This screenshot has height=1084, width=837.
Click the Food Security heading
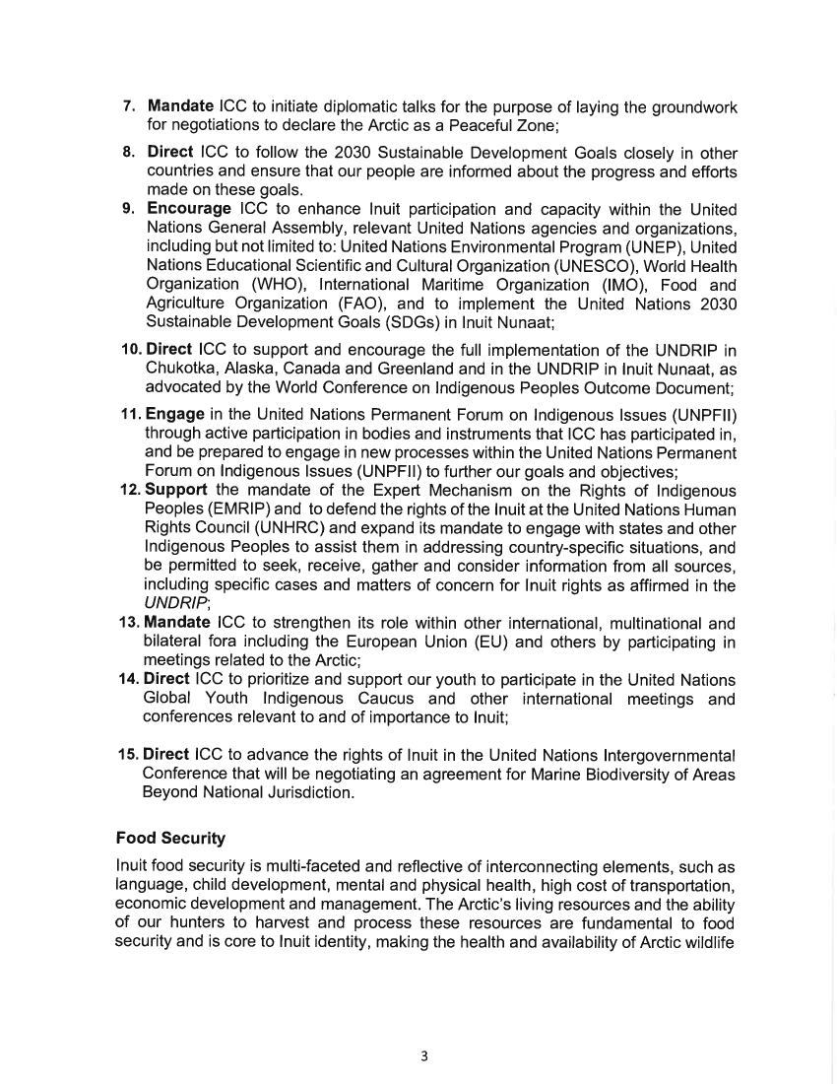[x=170, y=839]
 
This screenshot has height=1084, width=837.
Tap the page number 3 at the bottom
[x=422, y=1056]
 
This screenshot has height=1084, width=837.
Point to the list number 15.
[x=130, y=755]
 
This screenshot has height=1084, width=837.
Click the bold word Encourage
[x=188, y=210]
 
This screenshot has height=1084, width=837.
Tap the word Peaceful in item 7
[x=468, y=125]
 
